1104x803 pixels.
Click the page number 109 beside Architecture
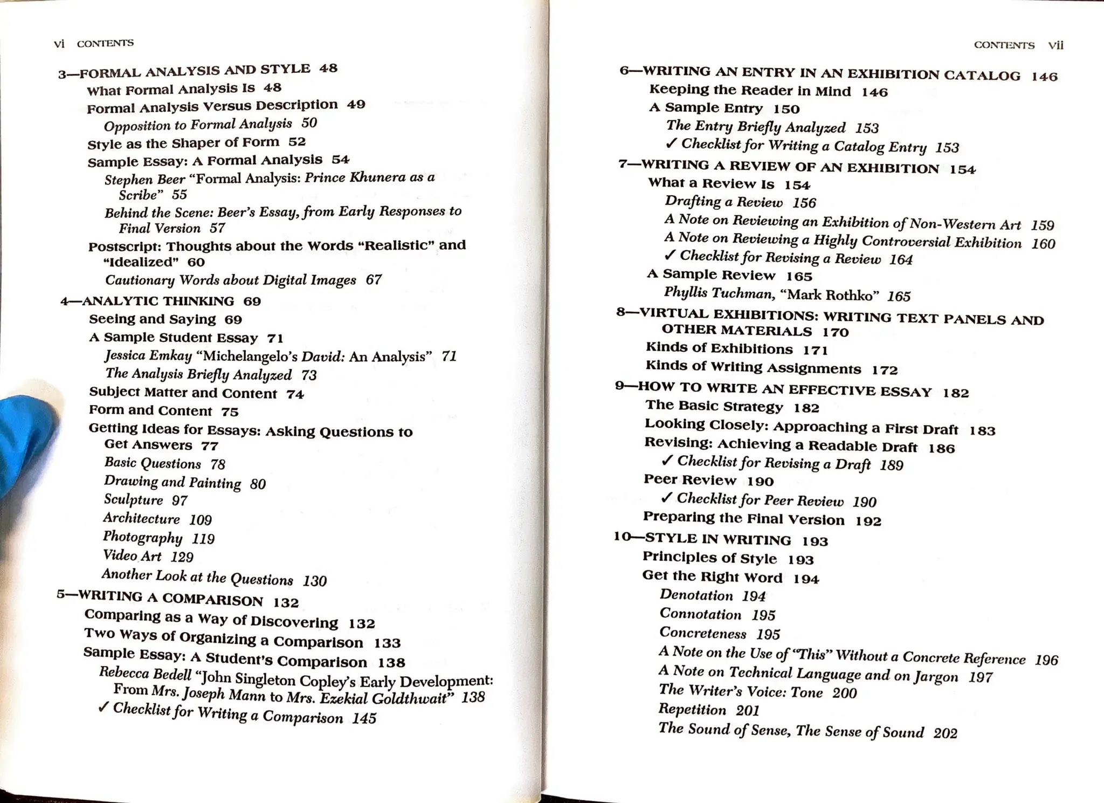click(x=200, y=520)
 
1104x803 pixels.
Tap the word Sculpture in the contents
click(x=133, y=500)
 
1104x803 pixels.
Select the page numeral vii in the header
click(x=1055, y=45)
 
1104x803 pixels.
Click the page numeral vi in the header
click(x=59, y=44)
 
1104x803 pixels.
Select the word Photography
click(x=142, y=537)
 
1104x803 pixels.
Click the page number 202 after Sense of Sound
click(x=945, y=733)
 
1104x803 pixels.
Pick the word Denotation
click(x=696, y=595)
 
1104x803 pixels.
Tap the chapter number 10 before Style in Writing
click(x=623, y=537)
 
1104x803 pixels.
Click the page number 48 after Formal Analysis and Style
click(x=328, y=68)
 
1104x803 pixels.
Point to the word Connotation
click(x=700, y=614)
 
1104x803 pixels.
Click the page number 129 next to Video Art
click(x=182, y=557)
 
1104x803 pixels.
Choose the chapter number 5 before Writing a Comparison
click(x=60, y=594)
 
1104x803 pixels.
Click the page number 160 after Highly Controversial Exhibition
click(x=1043, y=244)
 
